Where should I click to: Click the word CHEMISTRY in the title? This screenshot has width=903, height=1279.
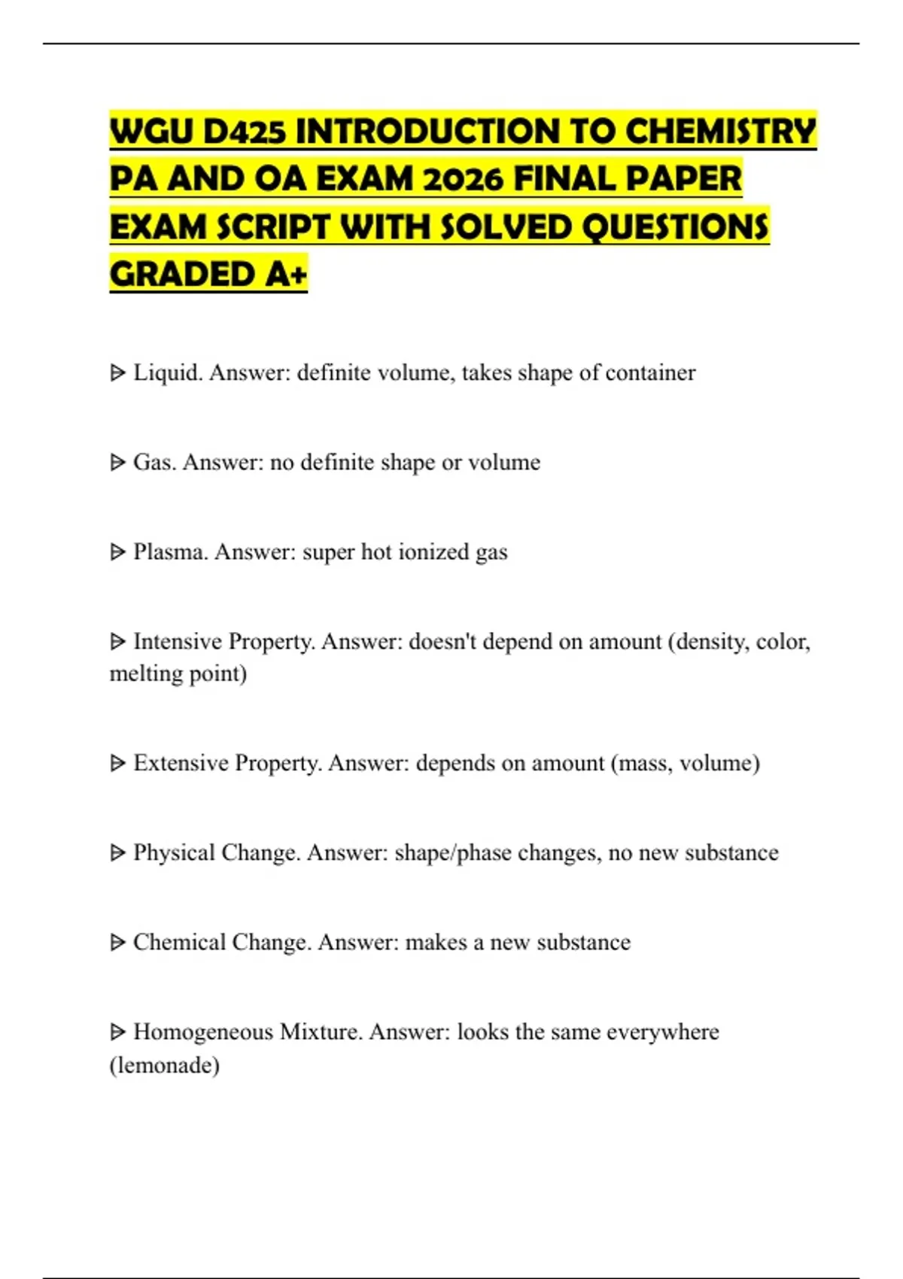(x=720, y=131)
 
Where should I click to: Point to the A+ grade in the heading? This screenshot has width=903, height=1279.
(x=287, y=274)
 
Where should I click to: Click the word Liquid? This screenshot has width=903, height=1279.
(x=168, y=372)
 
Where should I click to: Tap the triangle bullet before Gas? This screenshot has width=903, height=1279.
(x=117, y=462)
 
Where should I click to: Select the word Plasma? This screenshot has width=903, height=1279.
(x=171, y=551)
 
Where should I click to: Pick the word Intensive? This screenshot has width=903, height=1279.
(x=178, y=641)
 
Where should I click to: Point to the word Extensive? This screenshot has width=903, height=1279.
(x=181, y=763)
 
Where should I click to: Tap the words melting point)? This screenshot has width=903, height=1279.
(x=178, y=673)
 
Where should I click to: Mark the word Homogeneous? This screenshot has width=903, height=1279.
(x=203, y=1031)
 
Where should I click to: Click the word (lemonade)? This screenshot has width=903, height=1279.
(x=165, y=1065)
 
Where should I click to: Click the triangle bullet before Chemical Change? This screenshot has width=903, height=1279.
(x=117, y=942)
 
